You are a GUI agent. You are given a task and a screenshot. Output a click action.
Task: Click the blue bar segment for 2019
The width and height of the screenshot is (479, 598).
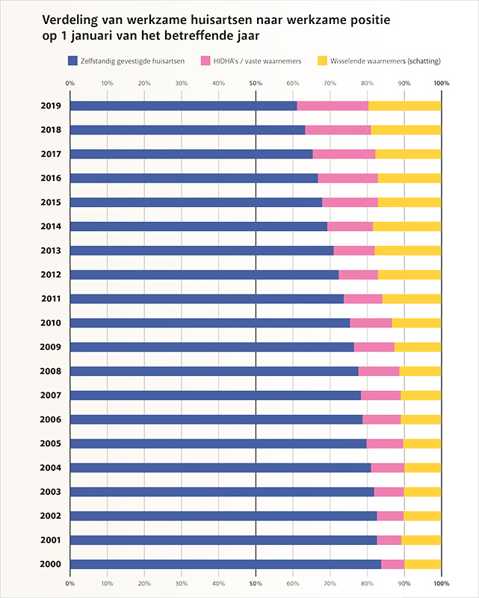[x=183, y=105]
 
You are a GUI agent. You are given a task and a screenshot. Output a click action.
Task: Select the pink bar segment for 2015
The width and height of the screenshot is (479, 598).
[x=350, y=202]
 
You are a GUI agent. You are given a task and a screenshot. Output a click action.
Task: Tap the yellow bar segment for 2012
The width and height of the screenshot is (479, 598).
[x=409, y=274]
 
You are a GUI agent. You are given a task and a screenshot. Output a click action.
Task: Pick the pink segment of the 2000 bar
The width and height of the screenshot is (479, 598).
[x=392, y=564]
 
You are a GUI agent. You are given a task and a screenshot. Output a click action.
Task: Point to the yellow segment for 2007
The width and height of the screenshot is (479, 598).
[x=421, y=395]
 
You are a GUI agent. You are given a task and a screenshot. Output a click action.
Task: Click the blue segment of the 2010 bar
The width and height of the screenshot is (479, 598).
[x=210, y=323]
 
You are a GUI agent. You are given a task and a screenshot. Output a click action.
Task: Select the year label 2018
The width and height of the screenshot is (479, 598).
[x=51, y=129]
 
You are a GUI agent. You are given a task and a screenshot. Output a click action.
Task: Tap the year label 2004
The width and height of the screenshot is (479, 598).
[x=51, y=468]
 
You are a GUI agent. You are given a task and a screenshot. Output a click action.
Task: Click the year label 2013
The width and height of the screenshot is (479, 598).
[x=51, y=250]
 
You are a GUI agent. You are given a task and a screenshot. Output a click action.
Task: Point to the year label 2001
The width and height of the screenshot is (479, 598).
[x=51, y=540]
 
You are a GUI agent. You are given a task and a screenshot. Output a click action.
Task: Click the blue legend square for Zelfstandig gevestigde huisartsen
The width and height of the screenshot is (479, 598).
[x=72, y=61]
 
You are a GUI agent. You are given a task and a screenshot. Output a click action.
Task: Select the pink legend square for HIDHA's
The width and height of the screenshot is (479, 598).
[x=205, y=61]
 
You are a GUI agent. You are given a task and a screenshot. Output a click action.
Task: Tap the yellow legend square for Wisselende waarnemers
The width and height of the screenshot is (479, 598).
[x=323, y=61]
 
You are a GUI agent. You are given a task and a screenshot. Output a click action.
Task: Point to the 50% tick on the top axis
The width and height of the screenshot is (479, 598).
[x=256, y=83]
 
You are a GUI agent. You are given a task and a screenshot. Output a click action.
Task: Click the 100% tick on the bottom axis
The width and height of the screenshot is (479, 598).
[x=441, y=582]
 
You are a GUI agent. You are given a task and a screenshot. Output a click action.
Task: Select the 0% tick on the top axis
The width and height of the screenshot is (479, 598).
[x=69, y=83]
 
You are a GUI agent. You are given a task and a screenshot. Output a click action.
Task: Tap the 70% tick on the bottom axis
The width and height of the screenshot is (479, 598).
[x=330, y=582]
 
